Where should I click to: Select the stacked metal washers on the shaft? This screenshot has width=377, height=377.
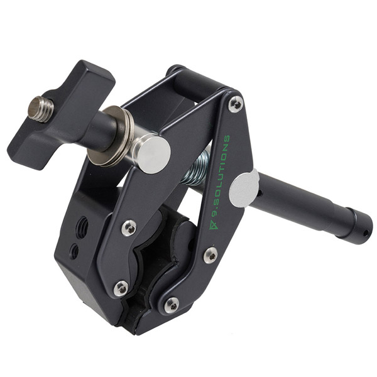click(111, 136)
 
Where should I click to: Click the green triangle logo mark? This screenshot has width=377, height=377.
click(214, 225)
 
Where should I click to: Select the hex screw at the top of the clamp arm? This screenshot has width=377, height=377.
click(236, 104)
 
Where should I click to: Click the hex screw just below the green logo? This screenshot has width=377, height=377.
click(210, 255)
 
